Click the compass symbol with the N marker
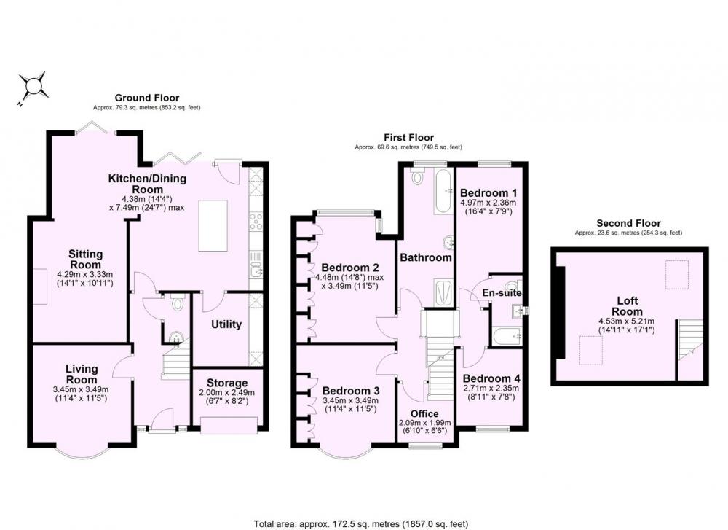tap(33, 87)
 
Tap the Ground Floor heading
tap(147, 98)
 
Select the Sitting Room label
tap(85, 259)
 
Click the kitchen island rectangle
tap(213, 225)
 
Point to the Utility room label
tap(226, 324)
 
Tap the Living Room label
tap(82, 374)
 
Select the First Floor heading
tap(408, 138)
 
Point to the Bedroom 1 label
tap(488, 192)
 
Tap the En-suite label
tap(502, 293)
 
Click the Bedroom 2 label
tap(350, 268)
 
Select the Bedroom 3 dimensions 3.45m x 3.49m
tap(351, 400)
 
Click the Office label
tap(425, 414)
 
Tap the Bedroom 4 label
tap(491, 378)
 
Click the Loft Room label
tap(628, 306)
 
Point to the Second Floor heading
tap(629, 223)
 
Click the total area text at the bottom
tap(361, 524)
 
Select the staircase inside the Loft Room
tap(690, 340)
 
